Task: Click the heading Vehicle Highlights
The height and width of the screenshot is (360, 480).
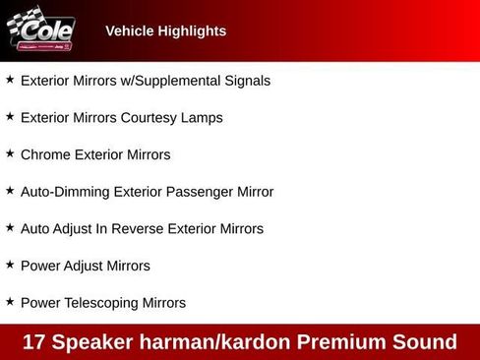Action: click(165, 31)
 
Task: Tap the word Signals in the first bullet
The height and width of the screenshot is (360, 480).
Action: click(245, 81)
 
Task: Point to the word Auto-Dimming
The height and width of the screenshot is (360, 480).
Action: click(64, 192)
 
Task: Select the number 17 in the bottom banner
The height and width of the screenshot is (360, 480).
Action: click(34, 342)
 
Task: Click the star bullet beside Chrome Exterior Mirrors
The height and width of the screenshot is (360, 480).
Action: click(10, 153)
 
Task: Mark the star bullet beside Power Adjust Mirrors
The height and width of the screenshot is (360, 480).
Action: click(10, 265)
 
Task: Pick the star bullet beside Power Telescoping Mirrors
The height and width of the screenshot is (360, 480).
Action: click(10, 302)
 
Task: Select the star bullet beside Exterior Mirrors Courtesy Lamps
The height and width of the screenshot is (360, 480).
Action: click(10, 116)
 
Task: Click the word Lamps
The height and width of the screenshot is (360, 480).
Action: click(203, 118)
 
